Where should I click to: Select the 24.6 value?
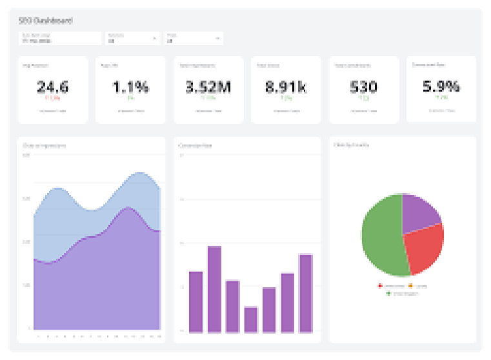point(52,87)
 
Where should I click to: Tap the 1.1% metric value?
point(130,87)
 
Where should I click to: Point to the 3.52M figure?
point(208,87)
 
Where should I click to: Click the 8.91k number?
point(286,87)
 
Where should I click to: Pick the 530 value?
point(363,87)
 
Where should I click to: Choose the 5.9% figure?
point(441,86)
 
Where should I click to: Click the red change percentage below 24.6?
point(52,99)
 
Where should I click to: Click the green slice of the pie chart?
point(381,239)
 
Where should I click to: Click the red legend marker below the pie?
point(380,286)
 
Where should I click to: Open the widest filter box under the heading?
point(59,38)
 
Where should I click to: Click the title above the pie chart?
point(352,145)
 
